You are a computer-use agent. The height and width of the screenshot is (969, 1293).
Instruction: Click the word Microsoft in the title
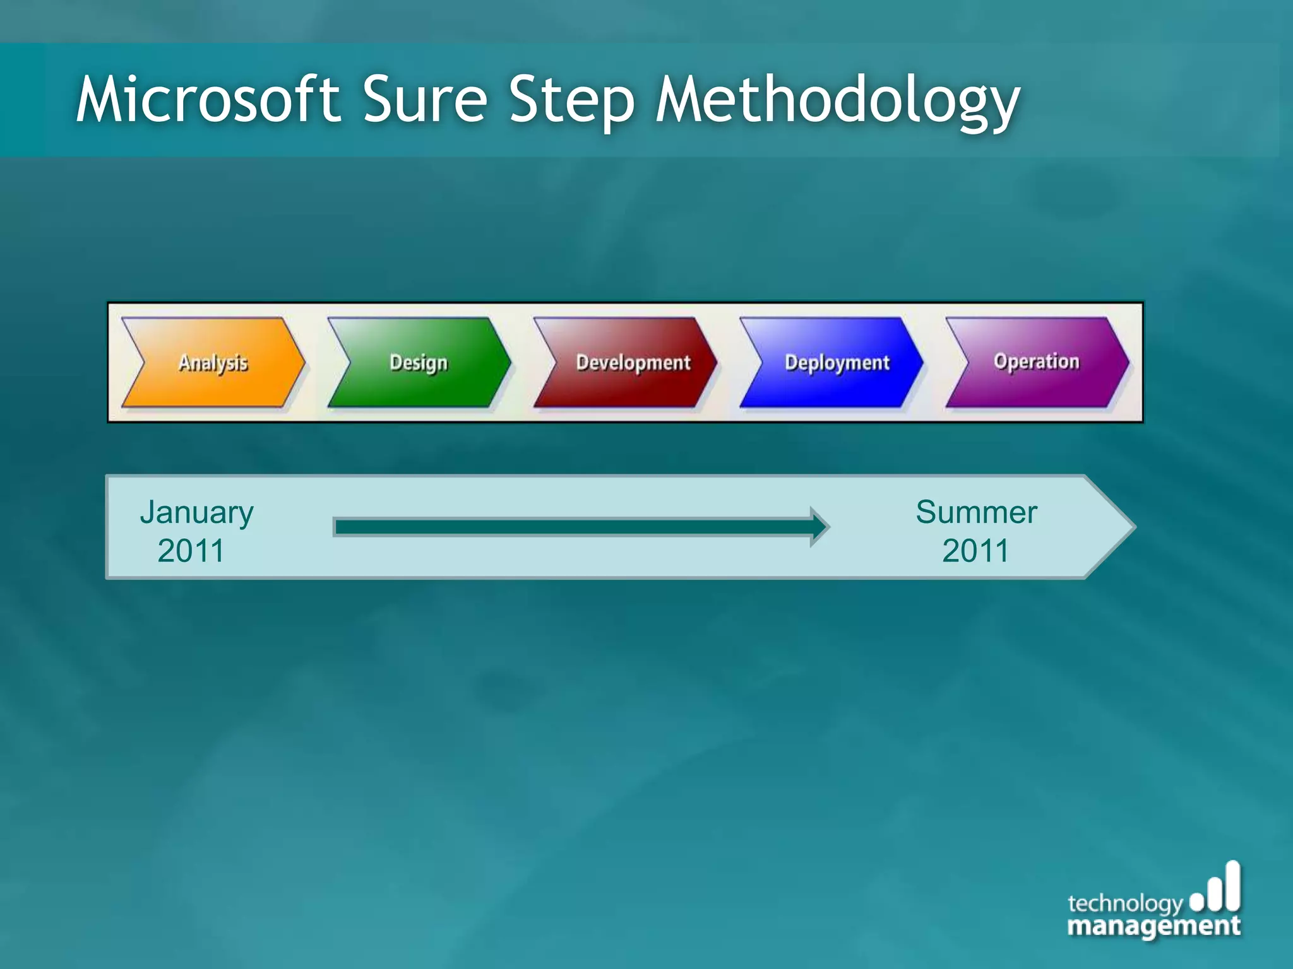208,100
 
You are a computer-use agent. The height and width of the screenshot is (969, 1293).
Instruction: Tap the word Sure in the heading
425,100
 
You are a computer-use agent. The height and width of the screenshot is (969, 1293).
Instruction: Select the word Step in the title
571,101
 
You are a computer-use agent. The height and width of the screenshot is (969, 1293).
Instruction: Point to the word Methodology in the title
837,101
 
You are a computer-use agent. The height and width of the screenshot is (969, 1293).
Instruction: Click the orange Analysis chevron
213,363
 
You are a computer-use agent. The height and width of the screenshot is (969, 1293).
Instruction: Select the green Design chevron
419,363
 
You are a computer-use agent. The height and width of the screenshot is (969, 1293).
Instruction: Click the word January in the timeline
196,512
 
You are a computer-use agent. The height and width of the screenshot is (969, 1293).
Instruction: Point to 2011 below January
191,551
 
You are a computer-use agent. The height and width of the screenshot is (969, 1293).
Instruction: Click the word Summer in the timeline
976,512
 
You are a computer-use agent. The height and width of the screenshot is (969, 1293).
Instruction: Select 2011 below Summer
975,551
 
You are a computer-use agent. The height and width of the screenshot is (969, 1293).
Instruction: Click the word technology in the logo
1124,903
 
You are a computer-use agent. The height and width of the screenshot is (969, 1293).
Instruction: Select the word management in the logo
1153,925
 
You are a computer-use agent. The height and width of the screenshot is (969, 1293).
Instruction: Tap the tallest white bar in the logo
1232,886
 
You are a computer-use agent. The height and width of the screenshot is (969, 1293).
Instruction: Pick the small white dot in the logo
1196,903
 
